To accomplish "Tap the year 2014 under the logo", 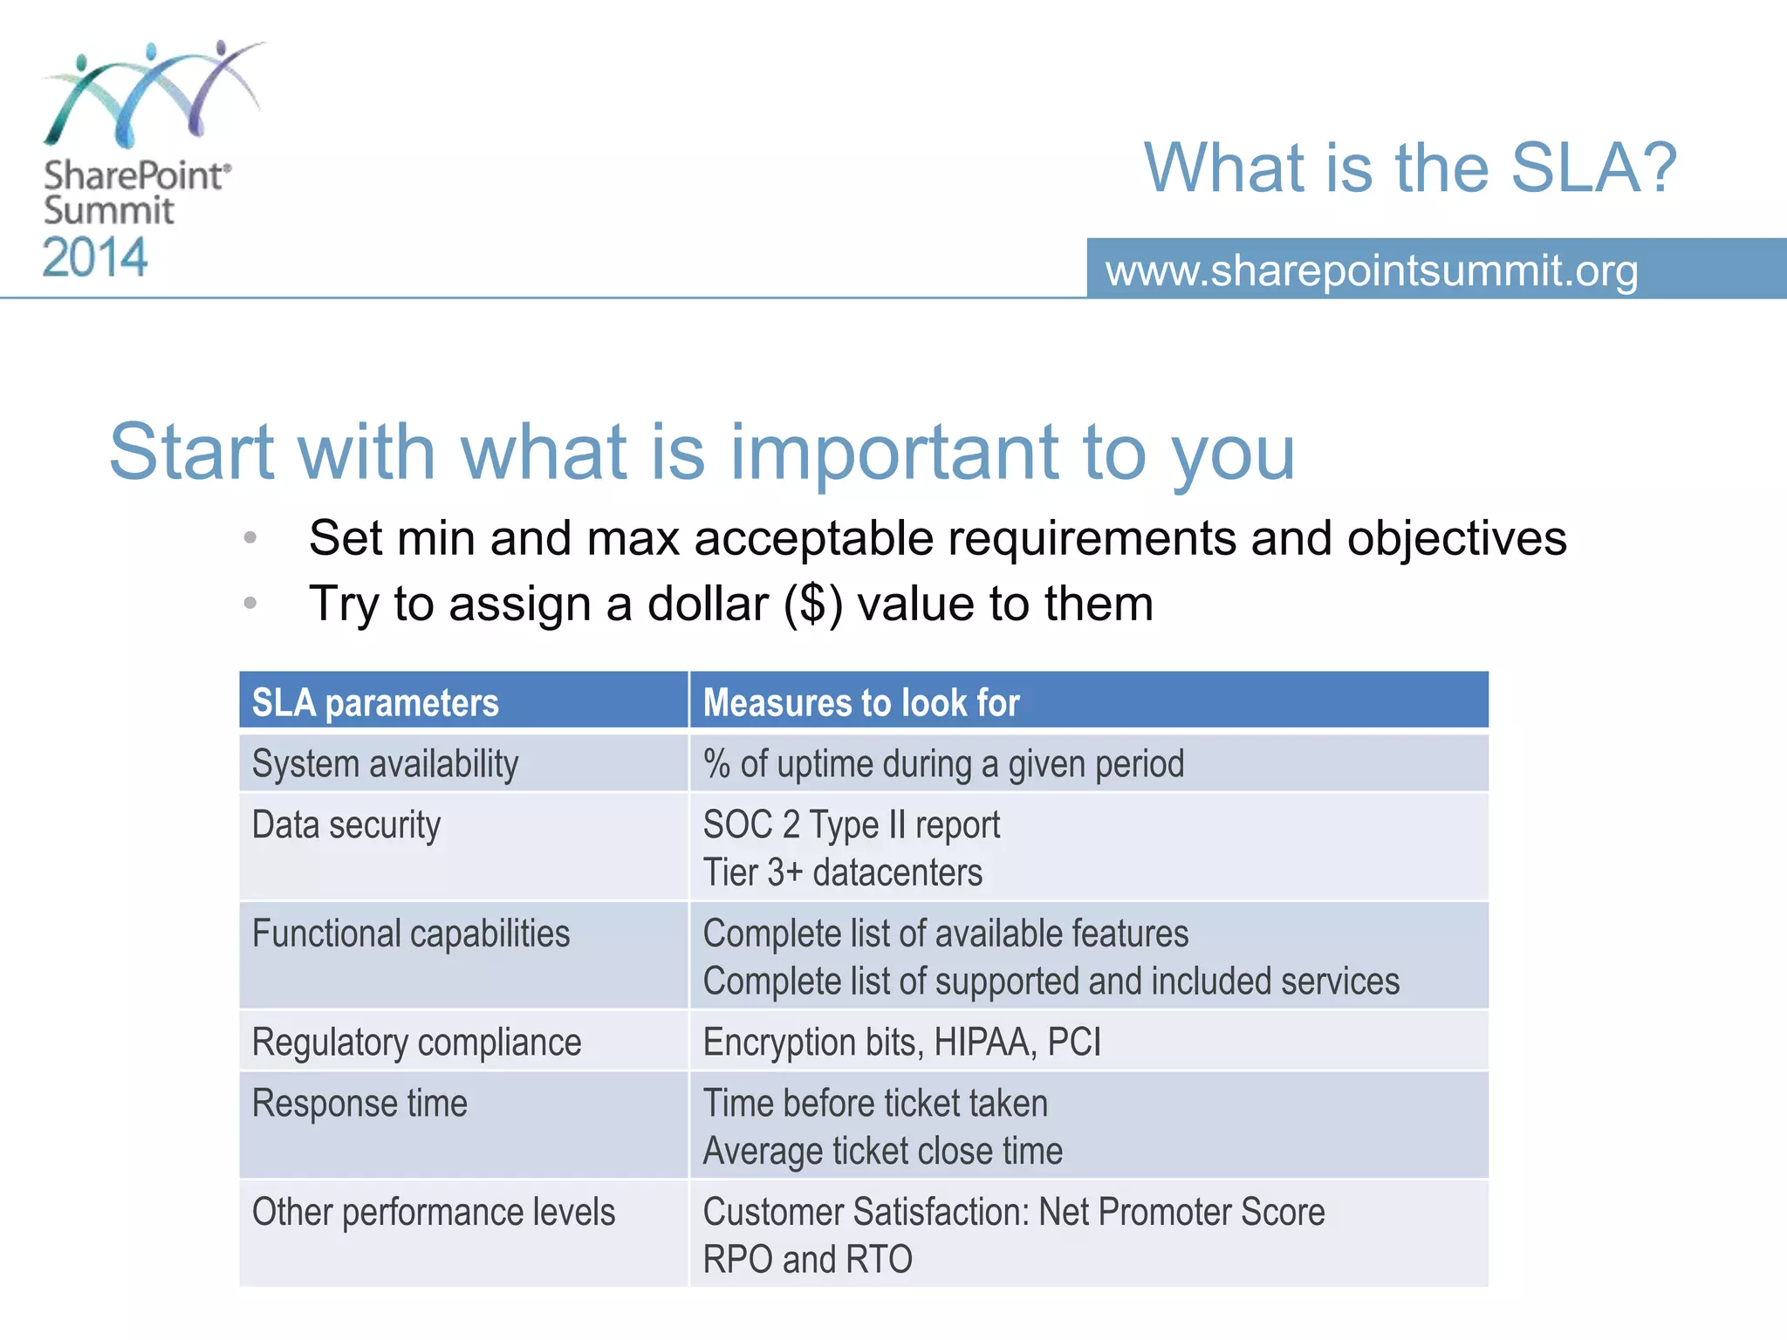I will pyautogui.click(x=95, y=258).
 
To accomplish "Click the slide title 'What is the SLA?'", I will pyautogui.click(x=1410, y=167).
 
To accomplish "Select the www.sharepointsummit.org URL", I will pyautogui.click(x=1372, y=270).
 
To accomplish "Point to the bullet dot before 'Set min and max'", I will pyautogui.click(x=250, y=537).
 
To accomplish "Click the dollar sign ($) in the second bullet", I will pyautogui.click(x=813, y=604).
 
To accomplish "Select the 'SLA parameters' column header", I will pyautogui.click(x=375, y=702).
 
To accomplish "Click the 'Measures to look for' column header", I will pyautogui.click(x=861, y=702).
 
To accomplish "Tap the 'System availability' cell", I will pyautogui.click(x=385, y=764).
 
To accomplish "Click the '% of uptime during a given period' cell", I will pyautogui.click(x=943, y=764).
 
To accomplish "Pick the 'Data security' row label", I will pyautogui.click(x=346, y=825).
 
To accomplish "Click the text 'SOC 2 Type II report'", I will pyautogui.click(x=851, y=825).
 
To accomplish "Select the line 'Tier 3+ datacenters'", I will pyautogui.click(x=842, y=872).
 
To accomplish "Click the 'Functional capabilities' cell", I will pyautogui.click(x=411, y=934).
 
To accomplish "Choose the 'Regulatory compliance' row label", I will pyautogui.click(x=416, y=1043).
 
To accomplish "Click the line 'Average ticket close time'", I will pyautogui.click(x=882, y=1152).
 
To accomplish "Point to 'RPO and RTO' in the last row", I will pyautogui.click(x=807, y=1260).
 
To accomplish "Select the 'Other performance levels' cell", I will pyautogui.click(x=434, y=1213).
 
